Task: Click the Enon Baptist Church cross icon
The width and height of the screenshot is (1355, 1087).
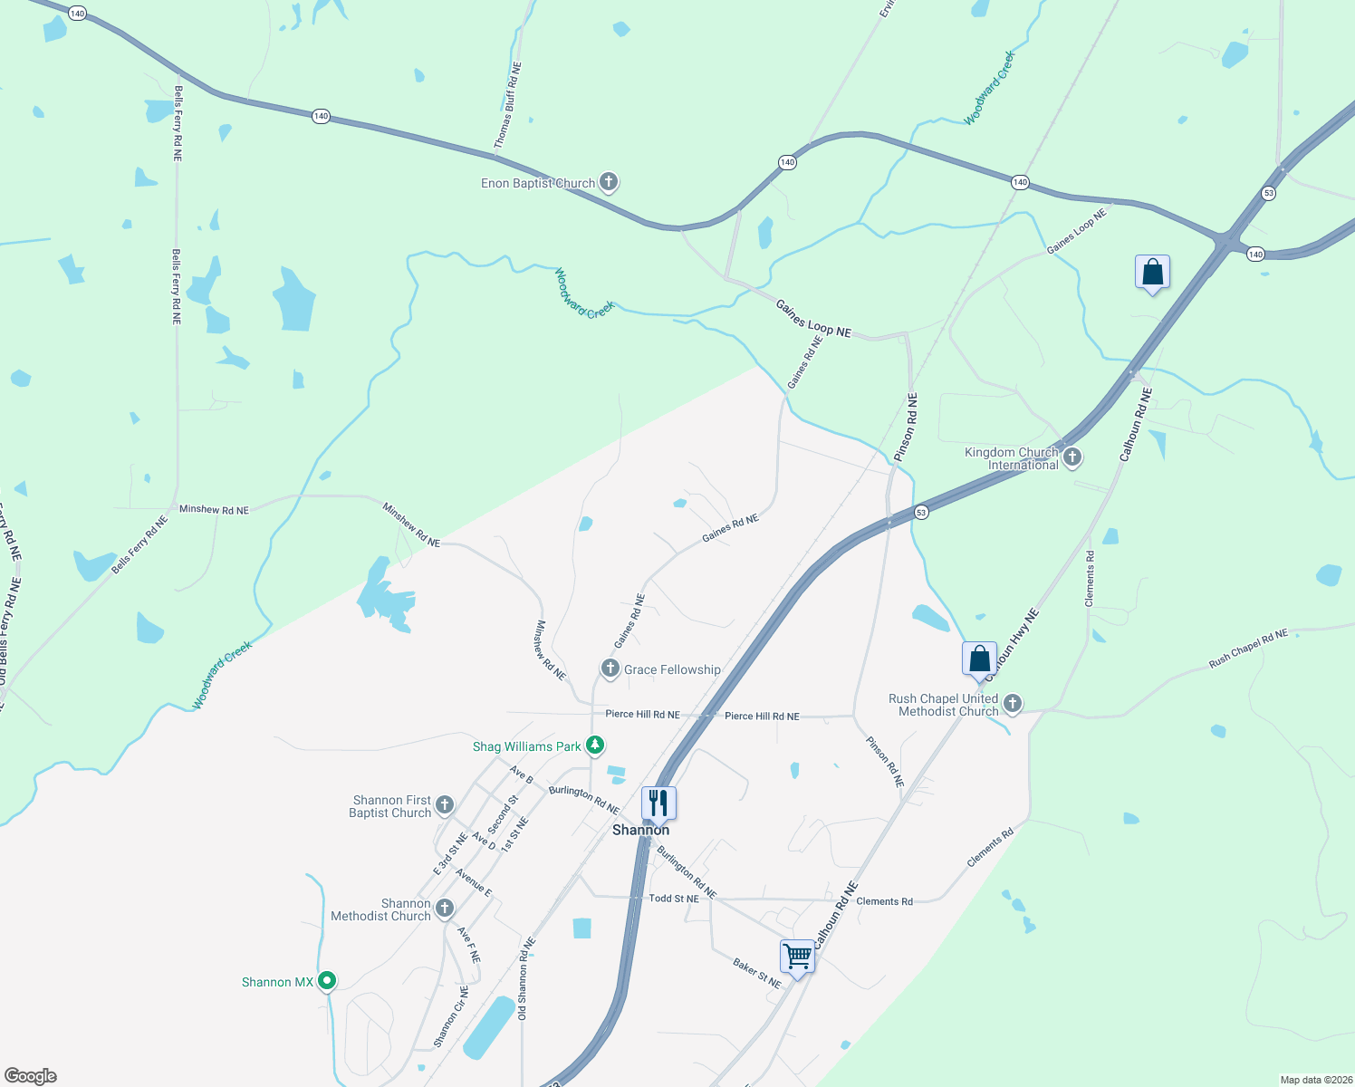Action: (609, 183)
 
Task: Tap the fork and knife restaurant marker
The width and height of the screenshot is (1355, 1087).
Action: (658, 803)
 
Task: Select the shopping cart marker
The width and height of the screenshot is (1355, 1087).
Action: (797, 957)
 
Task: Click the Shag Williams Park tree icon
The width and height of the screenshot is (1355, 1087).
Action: (594, 746)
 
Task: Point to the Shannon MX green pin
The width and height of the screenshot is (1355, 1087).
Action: (328, 981)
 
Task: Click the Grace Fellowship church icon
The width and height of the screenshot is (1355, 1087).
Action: (610, 669)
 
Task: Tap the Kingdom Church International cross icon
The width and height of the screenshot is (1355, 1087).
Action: (1072, 457)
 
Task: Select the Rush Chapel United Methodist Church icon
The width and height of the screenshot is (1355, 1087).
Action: (1013, 704)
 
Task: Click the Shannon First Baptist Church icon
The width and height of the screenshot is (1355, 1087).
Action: (444, 805)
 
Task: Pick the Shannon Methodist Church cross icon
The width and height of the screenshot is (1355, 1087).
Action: (444, 909)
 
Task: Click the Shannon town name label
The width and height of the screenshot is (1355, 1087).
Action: (640, 830)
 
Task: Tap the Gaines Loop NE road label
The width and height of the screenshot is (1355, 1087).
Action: (813, 319)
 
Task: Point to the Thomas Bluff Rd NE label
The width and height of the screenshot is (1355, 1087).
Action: (508, 105)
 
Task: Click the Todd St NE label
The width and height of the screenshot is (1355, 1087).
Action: (674, 899)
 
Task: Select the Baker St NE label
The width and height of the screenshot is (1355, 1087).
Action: (756, 974)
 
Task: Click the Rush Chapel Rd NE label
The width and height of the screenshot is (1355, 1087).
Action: (1247, 649)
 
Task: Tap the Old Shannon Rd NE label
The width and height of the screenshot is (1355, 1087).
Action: (526, 979)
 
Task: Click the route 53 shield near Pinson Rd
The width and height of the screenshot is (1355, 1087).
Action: (920, 513)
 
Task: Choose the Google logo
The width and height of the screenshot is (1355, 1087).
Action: (30, 1075)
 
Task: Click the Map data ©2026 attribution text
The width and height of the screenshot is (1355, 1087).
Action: (1313, 1080)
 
